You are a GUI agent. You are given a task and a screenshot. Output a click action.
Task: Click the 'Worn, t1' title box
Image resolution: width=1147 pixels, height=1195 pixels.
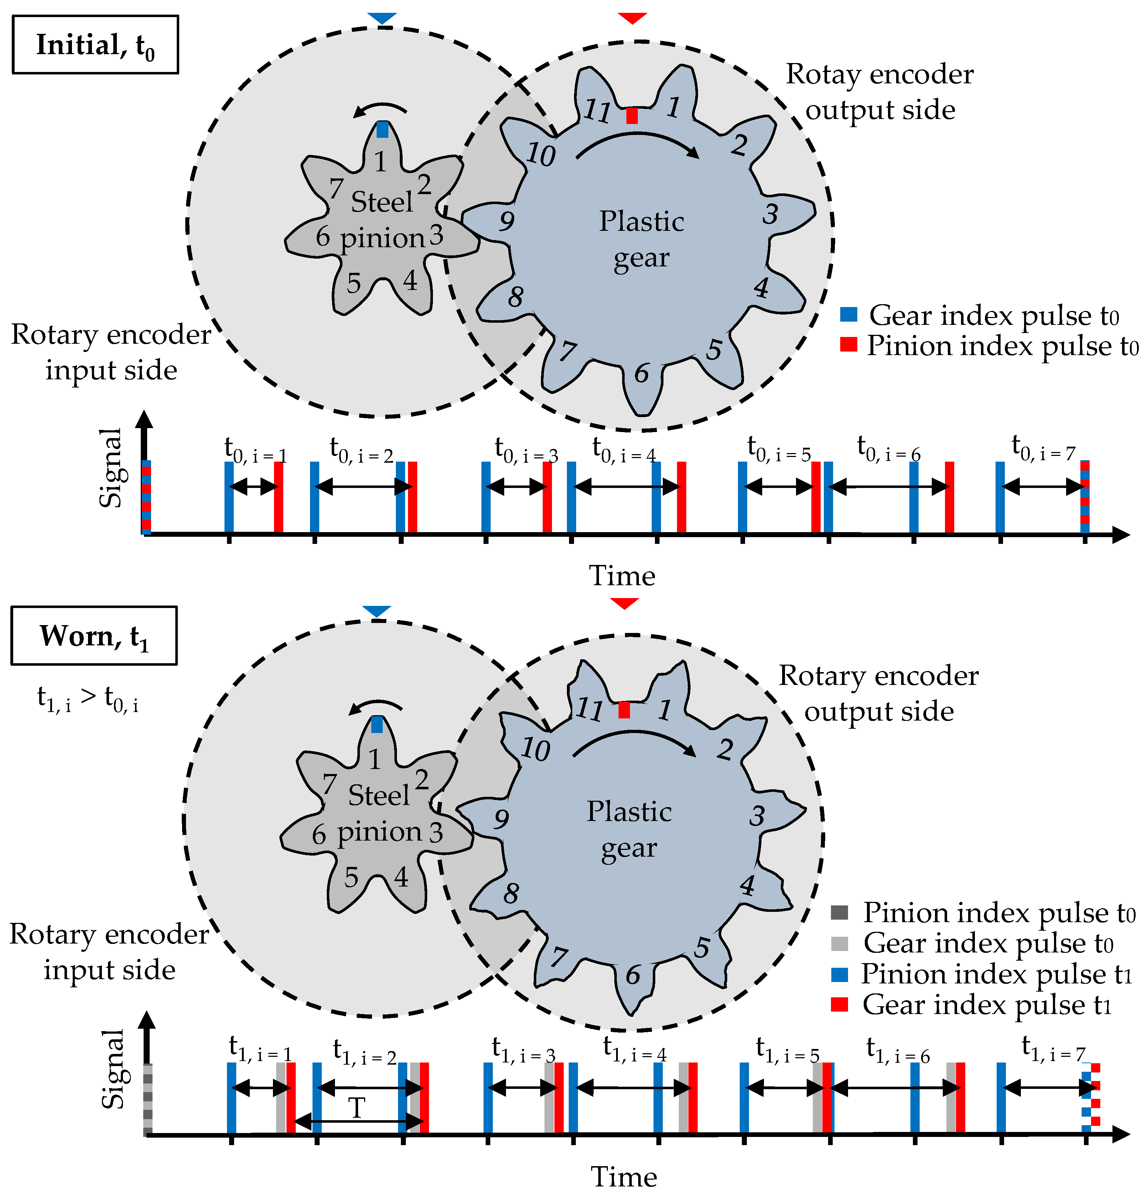coord(94,636)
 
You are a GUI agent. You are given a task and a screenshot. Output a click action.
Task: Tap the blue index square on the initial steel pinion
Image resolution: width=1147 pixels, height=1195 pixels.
coord(382,129)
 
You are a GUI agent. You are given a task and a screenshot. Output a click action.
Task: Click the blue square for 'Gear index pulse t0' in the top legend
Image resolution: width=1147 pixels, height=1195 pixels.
coord(848,315)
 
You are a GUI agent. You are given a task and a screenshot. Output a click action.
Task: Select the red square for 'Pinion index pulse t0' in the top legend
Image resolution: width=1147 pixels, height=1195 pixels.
coord(848,344)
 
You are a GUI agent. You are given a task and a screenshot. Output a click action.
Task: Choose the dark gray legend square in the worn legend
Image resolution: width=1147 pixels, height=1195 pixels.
coord(839,913)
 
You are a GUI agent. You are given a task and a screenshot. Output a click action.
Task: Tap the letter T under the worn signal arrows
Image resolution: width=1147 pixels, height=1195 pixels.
coord(357,1108)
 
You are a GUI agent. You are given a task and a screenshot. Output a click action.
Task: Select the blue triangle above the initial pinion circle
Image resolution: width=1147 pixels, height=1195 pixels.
coord(382,18)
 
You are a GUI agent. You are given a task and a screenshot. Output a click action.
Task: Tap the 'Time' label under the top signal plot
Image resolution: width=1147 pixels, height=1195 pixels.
coord(622,576)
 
